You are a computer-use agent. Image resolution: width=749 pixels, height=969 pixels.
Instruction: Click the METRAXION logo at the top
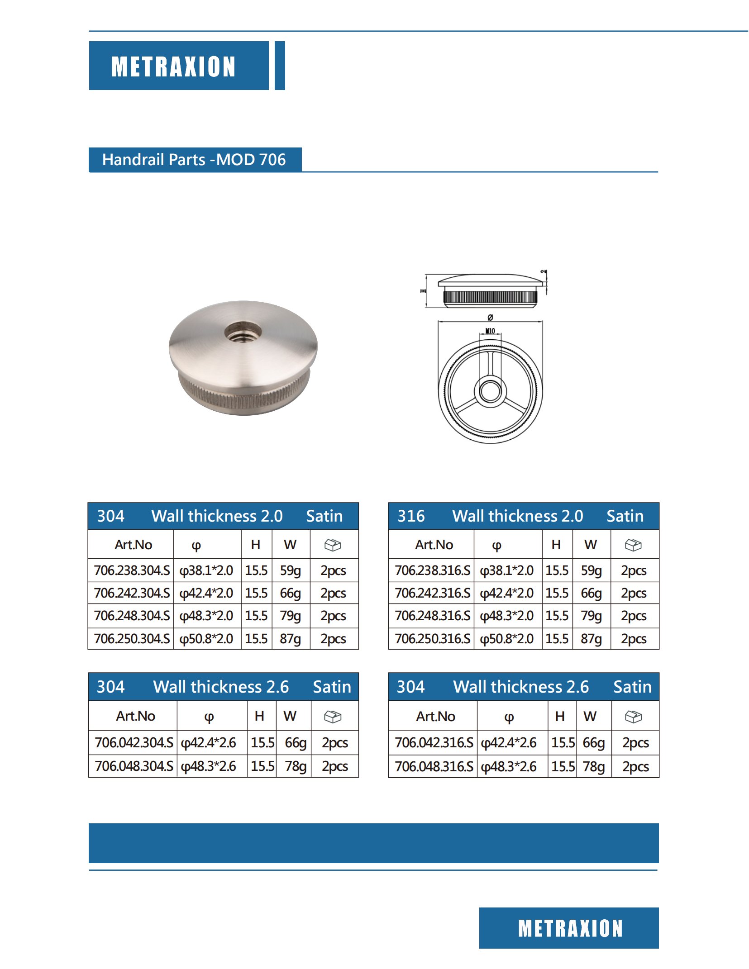click(x=174, y=66)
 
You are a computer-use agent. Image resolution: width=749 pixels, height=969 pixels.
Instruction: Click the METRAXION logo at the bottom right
click(x=570, y=928)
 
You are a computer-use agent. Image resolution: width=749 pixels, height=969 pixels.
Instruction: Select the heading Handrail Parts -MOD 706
click(x=194, y=160)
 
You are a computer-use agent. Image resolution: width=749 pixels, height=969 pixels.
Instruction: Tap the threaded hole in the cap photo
click(x=243, y=333)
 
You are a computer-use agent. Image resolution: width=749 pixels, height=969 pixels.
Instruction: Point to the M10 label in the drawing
click(x=490, y=331)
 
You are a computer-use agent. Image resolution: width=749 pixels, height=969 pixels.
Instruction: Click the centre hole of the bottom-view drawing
click(x=490, y=390)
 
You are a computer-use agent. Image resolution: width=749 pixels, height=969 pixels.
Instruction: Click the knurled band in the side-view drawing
click(x=490, y=297)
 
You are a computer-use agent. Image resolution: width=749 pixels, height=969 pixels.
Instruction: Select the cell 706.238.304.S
click(x=132, y=570)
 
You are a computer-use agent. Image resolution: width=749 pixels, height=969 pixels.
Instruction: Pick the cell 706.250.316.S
click(x=432, y=639)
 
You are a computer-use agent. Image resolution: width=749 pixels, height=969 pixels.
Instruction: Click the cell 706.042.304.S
click(x=134, y=742)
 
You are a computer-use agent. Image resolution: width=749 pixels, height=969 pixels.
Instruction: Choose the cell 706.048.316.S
click(x=434, y=766)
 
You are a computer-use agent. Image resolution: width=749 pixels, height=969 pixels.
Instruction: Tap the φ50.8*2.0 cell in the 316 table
click(x=507, y=639)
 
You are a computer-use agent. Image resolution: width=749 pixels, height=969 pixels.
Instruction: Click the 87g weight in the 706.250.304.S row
click(x=290, y=639)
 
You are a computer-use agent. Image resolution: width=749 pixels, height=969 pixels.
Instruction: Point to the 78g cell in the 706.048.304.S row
click(x=295, y=766)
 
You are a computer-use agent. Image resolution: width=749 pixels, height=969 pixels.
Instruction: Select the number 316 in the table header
click(x=411, y=516)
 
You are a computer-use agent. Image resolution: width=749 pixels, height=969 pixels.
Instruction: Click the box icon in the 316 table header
click(x=633, y=545)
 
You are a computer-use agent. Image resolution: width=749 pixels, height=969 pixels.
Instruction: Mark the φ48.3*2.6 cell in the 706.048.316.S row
click(x=509, y=766)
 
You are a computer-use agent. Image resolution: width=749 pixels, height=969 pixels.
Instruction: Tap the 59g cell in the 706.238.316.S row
click(x=591, y=570)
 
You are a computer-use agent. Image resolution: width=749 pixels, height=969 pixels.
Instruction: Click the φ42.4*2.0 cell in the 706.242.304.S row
click(x=206, y=593)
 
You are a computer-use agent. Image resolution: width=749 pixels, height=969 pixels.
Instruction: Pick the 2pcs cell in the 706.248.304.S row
click(x=333, y=616)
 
